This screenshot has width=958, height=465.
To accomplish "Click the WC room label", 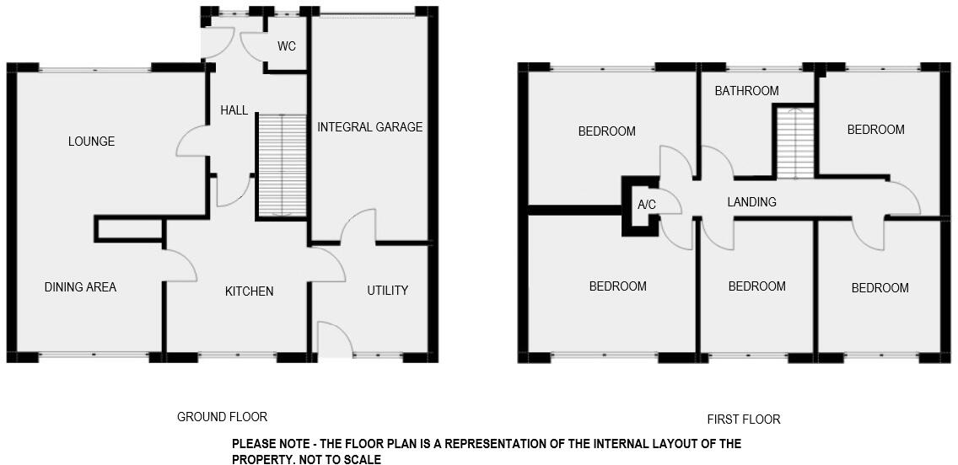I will [287, 46].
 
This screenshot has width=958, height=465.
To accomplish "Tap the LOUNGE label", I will [91, 142].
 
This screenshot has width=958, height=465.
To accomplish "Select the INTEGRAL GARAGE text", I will [369, 127].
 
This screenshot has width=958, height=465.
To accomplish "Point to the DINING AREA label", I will [80, 287].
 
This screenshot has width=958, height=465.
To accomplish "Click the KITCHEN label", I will [249, 291].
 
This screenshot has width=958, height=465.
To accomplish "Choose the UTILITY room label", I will [388, 291].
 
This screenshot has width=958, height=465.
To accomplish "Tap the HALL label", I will [234, 110].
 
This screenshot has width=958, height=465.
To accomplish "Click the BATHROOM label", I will [746, 91].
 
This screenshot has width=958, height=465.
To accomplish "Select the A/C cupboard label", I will [647, 205].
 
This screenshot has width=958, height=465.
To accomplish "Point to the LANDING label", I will [751, 202].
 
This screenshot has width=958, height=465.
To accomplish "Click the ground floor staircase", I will [282, 165].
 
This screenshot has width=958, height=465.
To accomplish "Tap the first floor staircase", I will [794, 143].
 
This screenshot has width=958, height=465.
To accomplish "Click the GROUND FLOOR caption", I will [222, 417].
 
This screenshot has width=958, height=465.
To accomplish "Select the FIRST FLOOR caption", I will [743, 420].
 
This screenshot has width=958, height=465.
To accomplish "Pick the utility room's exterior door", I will [334, 340].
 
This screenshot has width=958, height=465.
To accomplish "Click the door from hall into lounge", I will [192, 142].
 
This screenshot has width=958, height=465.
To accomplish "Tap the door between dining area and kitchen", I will [180, 265].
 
